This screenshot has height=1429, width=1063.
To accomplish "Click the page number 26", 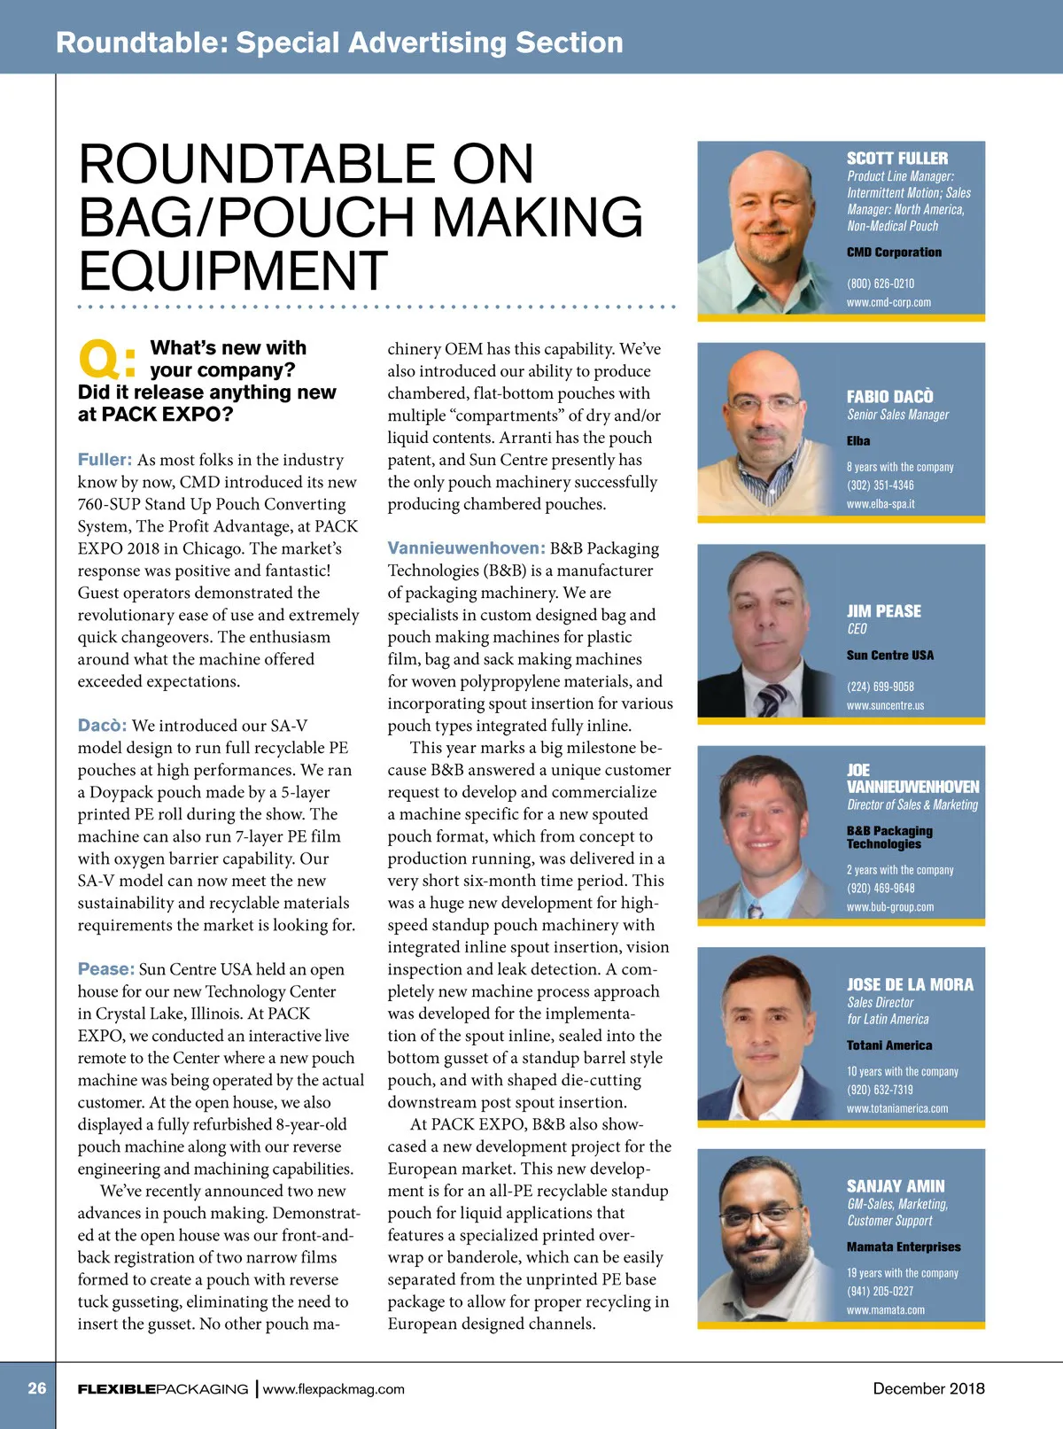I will coord(36,1388).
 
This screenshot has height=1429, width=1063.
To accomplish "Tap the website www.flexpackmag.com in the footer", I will coord(333,1389).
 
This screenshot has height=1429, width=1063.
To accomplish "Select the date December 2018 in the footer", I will coord(928,1388).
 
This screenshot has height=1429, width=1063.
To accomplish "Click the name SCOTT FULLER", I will coord(896,159).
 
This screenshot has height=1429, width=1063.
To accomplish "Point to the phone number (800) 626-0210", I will coord(880,283).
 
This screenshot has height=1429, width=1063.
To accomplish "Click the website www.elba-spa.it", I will coord(880,504).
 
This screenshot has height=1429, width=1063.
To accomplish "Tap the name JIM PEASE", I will coord(883,611).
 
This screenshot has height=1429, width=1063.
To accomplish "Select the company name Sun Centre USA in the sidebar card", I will coord(889,656).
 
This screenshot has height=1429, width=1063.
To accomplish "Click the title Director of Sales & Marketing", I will coord(912,805).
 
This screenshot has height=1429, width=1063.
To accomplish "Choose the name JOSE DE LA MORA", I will coord(909,985).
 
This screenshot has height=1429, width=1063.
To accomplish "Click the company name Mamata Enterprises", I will coord(903,1247).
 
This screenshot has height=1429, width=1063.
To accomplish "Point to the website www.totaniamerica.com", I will coord(896,1108).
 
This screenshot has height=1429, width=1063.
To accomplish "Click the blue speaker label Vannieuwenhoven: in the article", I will coord(466,548).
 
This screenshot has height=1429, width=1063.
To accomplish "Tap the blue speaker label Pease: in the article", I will coord(105,969).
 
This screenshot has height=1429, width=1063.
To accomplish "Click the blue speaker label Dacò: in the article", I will coord(102,726).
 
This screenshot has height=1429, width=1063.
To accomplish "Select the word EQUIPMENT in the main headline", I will coord(233,271).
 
